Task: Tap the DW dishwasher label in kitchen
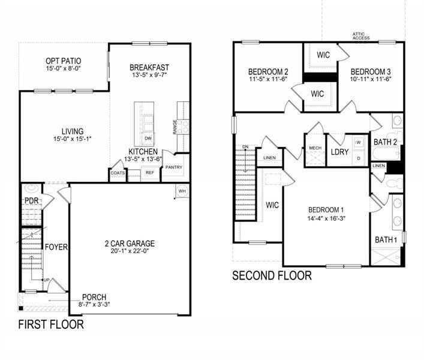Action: [x=148, y=138]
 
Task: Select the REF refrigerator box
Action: [x=149, y=173]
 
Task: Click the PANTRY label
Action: [x=174, y=167]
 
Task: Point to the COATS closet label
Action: [x=118, y=173]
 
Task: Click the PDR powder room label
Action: [x=31, y=200]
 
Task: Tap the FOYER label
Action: [x=56, y=247]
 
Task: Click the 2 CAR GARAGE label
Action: [x=130, y=244]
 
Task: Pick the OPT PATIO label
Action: [x=64, y=61]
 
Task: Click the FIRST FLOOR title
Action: [x=50, y=325]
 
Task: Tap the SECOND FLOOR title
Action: [x=272, y=276]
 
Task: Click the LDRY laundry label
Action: [x=340, y=152]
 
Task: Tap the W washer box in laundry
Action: [x=358, y=143]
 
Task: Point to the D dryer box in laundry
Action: [x=358, y=158]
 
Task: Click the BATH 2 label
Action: [x=386, y=142]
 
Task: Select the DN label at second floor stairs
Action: [x=245, y=147]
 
